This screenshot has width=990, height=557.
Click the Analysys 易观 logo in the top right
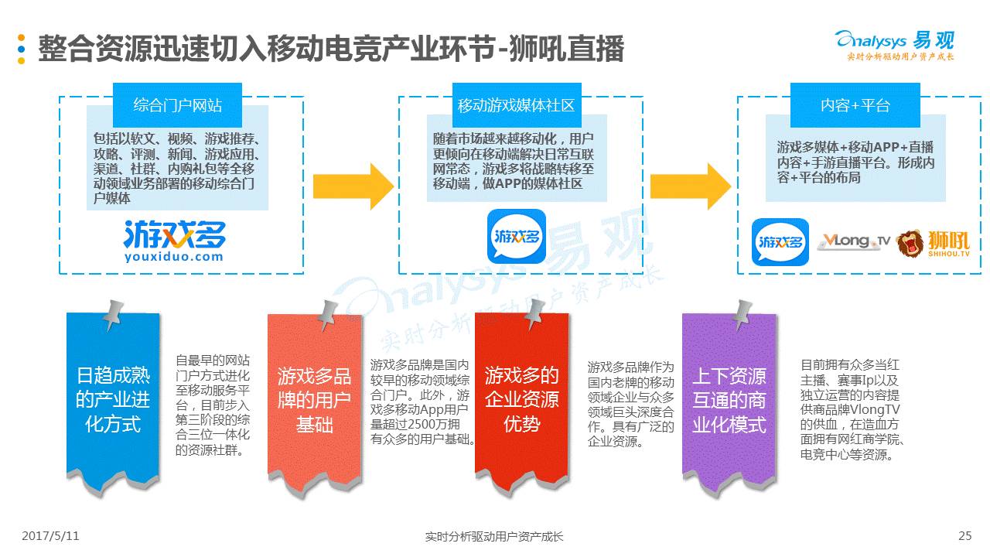tap(895, 45)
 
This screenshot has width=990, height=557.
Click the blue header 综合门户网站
tap(177, 105)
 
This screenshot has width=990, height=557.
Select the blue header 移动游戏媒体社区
tap(516, 105)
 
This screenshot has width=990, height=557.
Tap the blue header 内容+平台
tap(855, 105)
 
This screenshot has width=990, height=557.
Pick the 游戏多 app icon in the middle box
tap(516, 236)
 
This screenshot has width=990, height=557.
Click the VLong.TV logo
tap(854, 242)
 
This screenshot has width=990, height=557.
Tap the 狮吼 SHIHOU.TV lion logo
tap(933, 243)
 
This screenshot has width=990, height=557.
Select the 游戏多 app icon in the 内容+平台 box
tap(780, 242)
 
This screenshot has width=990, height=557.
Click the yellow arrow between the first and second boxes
tap(353, 186)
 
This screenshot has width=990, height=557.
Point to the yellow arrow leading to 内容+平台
tap(691, 186)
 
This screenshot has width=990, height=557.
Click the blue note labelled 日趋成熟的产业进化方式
tap(113, 401)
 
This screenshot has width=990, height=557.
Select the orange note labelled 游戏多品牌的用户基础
tap(314, 401)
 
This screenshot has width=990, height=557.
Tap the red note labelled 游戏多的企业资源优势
tap(521, 401)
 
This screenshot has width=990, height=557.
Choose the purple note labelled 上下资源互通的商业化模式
tap(729, 401)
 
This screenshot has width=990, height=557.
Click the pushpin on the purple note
tap(741, 313)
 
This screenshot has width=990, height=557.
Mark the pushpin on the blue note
tap(114, 313)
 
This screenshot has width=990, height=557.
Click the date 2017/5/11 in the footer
tap(50, 535)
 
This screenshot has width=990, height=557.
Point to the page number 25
tap(964, 535)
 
